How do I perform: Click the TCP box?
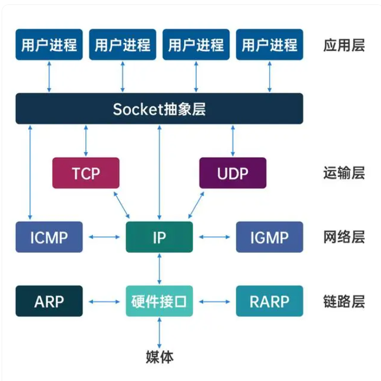tap(86, 173)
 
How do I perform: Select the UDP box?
tap(233, 173)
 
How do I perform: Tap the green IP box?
tap(159, 237)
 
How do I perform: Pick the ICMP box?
tap(49, 237)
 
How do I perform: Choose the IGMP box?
tap(270, 237)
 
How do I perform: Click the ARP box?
tap(49, 301)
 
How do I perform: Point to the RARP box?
tap(270, 301)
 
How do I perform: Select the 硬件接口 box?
tap(159, 301)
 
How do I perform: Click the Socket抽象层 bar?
tap(159, 109)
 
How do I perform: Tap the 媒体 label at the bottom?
tap(159, 357)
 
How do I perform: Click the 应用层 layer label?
tap(344, 45)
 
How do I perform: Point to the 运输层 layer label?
tap(344, 173)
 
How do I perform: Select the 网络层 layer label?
tap(344, 237)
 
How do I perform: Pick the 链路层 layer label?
tap(344, 301)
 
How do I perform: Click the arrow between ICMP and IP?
tap(104, 237)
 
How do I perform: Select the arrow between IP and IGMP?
tap(215, 237)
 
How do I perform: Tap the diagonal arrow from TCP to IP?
tap(122, 205)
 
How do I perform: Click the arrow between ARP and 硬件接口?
tap(104, 302)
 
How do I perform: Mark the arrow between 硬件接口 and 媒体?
tap(159, 333)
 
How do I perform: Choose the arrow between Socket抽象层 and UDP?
tap(233, 141)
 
